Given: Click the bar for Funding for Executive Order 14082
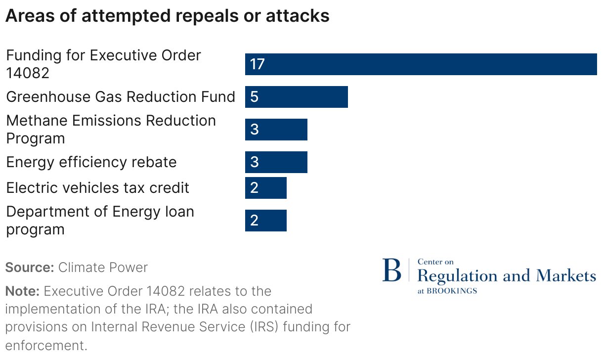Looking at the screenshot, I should (421, 64).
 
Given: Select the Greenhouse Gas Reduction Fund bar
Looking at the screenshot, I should (297, 97).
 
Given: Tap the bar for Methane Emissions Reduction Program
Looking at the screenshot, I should (276, 130).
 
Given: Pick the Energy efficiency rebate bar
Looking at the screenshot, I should (276, 162).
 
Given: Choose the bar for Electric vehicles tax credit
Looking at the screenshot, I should (266, 188).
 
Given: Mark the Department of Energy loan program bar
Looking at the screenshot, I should (266, 221).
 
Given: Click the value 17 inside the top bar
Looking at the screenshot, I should (258, 64).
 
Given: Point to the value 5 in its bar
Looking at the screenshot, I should (254, 97).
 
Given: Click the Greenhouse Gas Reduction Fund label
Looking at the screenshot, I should (120, 97).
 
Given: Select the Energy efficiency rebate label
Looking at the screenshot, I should (91, 162).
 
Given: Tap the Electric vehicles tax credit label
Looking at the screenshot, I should (97, 188).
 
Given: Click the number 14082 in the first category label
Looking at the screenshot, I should (28, 73).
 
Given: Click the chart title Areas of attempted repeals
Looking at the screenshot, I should (167, 16).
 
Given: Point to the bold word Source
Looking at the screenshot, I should (29, 268).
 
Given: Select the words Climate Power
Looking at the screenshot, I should (103, 268).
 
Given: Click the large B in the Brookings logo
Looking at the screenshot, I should (391, 271).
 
